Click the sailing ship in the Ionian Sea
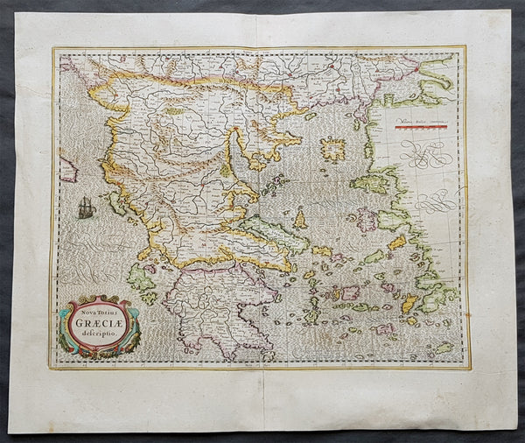click(x=86, y=207)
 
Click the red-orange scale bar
click(x=421, y=126)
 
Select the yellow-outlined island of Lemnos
click(x=332, y=150)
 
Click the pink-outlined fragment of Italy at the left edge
click(x=66, y=168)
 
